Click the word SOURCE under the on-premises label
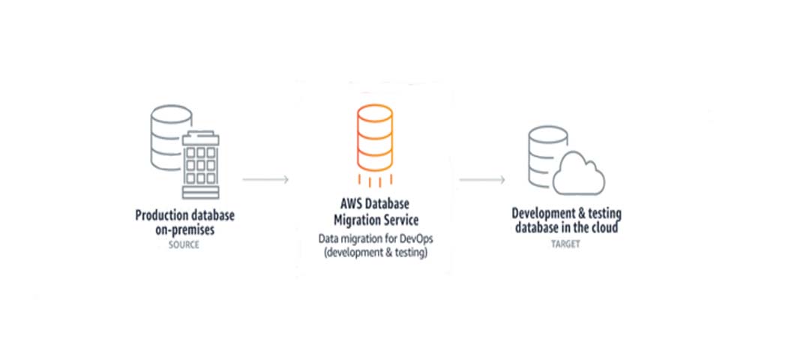tap(184, 244)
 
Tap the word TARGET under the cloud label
tap(566, 244)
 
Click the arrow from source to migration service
tap(265, 180)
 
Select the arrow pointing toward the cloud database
tap(482, 180)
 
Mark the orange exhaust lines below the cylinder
tap(374, 181)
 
